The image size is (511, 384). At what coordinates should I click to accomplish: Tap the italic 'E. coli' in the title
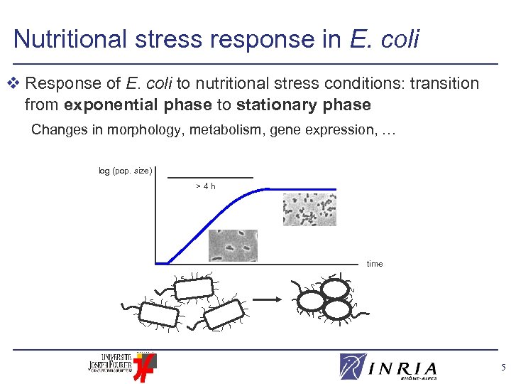(x=384, y=38)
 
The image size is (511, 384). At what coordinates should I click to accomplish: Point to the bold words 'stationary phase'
(x=304, y=105)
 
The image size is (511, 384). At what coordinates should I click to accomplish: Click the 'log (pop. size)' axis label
(x=125, y=171)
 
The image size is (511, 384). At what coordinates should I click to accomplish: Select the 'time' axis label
(x=375, y=264)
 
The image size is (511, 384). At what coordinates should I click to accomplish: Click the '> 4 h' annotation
(x=205, y=186)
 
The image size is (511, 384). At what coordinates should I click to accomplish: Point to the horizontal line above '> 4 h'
(x=210, y=177)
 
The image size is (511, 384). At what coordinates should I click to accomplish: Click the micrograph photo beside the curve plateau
(x=309, y=210)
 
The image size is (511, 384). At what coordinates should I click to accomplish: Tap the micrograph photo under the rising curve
(x=232, y=245)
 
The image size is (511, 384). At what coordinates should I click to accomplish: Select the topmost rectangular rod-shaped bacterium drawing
(x=194, y=287)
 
